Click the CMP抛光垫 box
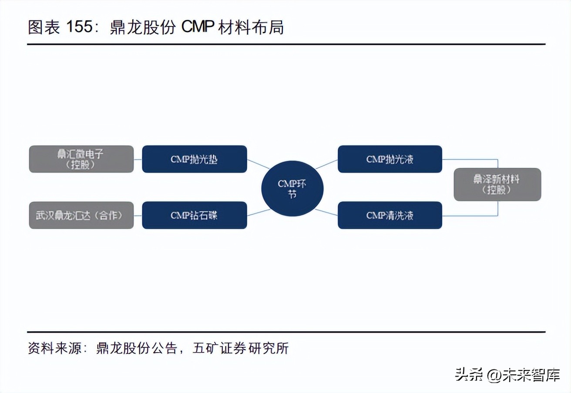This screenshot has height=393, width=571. (x=194, y=159)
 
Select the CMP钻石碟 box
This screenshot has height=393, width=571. (x=194, y=215)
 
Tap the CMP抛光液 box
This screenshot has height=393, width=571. (x=390, y=159)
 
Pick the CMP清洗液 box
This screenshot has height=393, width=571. (x=390, y=215)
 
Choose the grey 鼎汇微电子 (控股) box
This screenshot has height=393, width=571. (x=81, y=159)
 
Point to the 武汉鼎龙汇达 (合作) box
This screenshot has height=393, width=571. (x=81, y=215)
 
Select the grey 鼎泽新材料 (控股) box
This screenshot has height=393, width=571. (x=497, y=184)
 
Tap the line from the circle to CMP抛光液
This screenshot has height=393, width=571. (x=326, y=164)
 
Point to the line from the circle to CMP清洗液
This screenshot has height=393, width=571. (x=326, y=212)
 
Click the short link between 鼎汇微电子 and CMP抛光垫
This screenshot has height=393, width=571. (x=138, y=159)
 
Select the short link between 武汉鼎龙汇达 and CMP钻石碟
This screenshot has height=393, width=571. (x=138, y=215)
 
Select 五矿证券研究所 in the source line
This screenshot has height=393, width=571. (x=240, y=348)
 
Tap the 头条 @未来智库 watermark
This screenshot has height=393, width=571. (x=507, y=375)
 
